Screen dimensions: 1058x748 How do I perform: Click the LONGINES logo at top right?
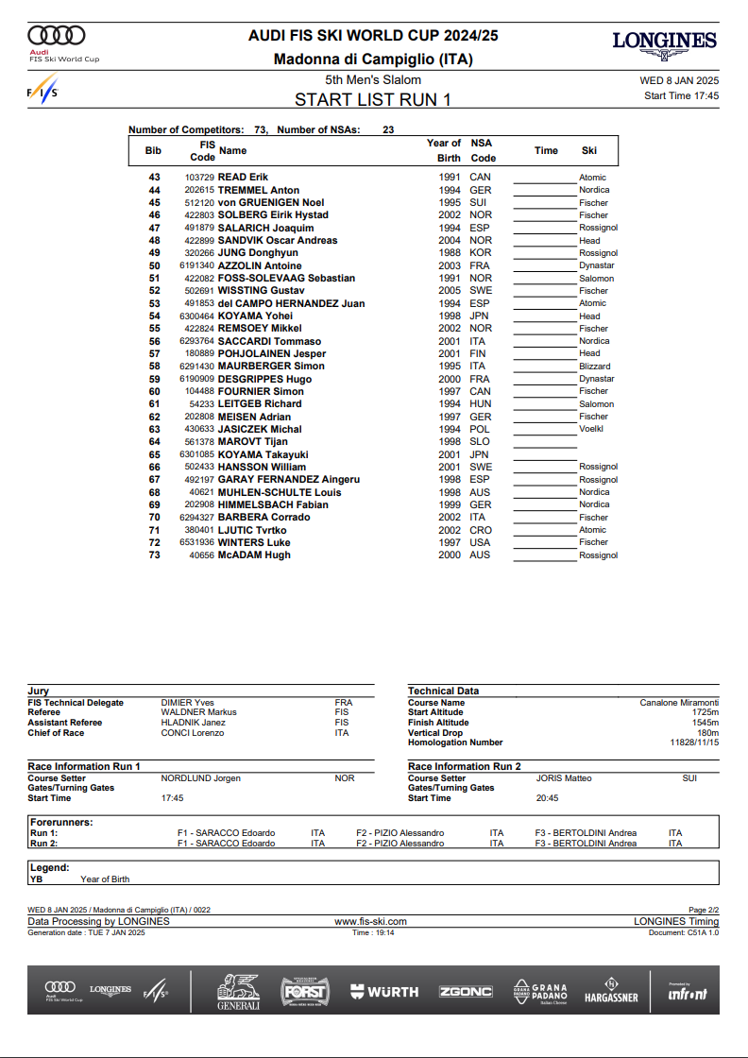664,41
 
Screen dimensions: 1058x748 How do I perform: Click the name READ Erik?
243,178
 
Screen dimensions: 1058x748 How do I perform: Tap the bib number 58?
155,367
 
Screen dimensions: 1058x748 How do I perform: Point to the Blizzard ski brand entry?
595,367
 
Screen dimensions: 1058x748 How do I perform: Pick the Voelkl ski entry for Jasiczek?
591,429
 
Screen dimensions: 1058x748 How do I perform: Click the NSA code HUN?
480,404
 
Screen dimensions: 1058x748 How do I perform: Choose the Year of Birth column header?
444,150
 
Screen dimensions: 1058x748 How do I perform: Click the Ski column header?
589,150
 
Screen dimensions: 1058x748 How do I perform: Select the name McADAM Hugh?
254,555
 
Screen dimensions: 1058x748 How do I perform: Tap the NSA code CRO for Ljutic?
480,530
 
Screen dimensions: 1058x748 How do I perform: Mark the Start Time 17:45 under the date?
681,95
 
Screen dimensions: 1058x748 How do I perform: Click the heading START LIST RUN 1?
373,99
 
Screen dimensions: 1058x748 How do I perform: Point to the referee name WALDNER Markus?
198,712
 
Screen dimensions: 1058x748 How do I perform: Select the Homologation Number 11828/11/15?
694,742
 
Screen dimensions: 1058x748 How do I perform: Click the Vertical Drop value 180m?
707,733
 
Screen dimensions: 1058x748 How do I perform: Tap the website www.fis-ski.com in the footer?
371,921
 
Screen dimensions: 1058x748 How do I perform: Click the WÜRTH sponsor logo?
384,992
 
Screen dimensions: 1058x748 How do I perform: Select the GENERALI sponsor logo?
238,992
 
